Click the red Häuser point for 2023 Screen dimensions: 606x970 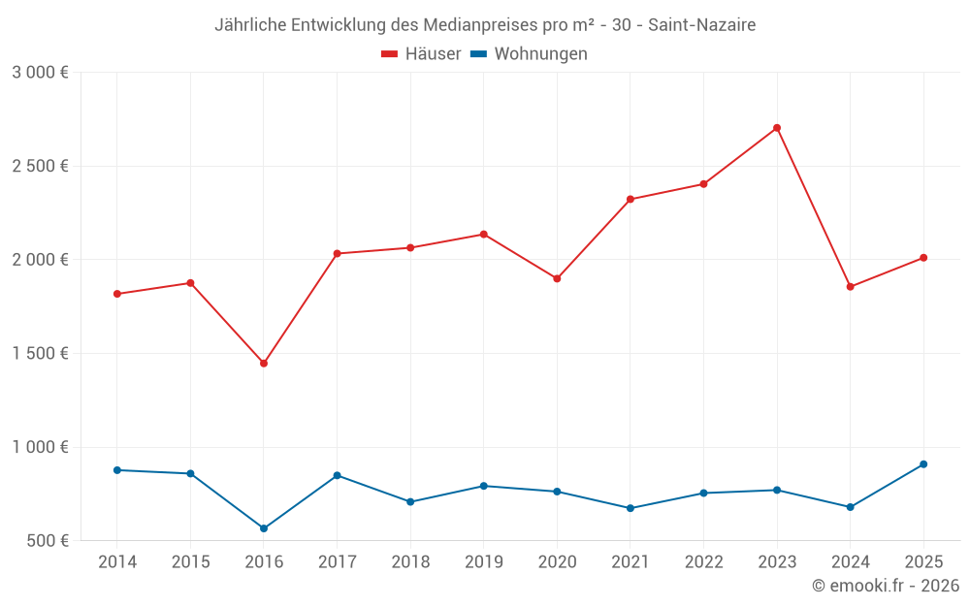click(777, 128)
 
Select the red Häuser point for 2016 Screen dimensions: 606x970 click(264, 364)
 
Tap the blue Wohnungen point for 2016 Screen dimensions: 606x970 click(264, 528)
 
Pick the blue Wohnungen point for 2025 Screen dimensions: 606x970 click(923, 464)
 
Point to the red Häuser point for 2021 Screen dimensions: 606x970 click(630, 200)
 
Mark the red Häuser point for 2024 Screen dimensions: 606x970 click(850, 287)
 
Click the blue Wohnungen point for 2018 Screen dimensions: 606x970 click(410, 502)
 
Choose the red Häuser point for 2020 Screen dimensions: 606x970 click(557, 279)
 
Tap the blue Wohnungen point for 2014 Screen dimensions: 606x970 click(117, 470)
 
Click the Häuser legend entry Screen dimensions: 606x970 click(421, 54)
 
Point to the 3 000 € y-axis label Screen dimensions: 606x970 click(40, 73)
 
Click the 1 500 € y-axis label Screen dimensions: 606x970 click(40, 354)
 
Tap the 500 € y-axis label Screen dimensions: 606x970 click(47, 541)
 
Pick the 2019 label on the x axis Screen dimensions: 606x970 click(483, 562)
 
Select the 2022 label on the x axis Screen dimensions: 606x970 click(703, 562)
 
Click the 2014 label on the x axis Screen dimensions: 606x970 click(117, 562)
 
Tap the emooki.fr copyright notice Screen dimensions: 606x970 click(885, 586)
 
